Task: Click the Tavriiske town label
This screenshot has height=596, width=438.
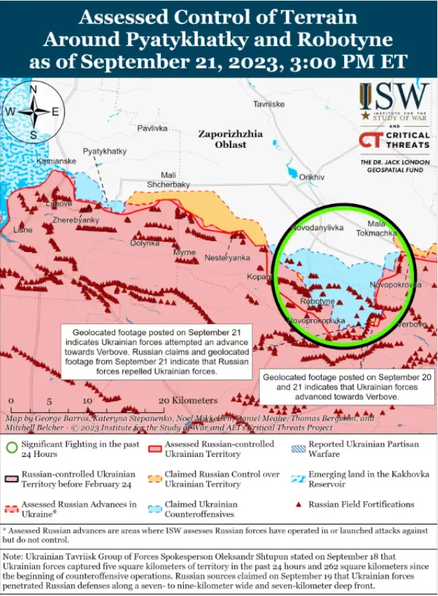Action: (x=269, y=104)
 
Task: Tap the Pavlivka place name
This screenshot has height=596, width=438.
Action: (x=152, y=128)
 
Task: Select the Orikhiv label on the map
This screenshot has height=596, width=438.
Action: (x=311, y=177)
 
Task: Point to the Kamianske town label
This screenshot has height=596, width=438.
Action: (x=56, y=161)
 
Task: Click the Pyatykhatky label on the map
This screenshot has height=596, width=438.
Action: (x=105, y=151)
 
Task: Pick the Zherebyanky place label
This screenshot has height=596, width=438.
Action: (x=75, y=220)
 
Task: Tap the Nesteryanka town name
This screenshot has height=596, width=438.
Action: (x=227, y=258)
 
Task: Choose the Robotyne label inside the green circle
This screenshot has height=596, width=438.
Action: (x=318, y=301)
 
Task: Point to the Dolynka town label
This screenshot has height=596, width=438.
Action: (x=144, y=243)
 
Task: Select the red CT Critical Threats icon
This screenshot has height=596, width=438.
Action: (x=370, y=140)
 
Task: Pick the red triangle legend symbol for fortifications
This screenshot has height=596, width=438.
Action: (x=298, y=505)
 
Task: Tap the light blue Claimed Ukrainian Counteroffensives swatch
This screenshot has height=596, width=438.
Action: (x=155, y=509)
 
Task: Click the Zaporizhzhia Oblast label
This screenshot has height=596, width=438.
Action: (x=231, y=140)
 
